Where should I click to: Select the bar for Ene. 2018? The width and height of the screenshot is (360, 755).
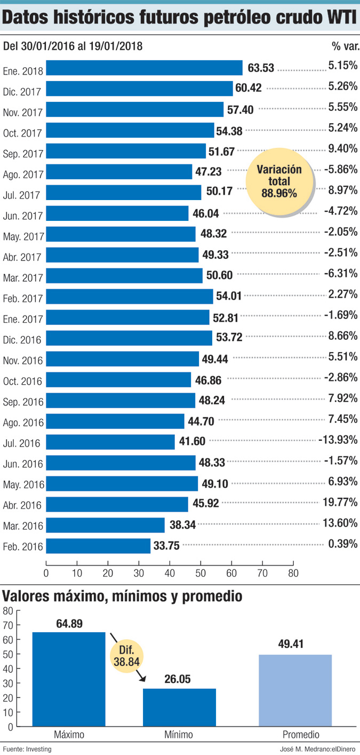click(x=144, y=68)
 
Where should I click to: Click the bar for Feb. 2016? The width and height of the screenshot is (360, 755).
click(x=98, y=546)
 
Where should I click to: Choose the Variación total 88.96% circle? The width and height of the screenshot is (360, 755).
click(x=278, y=181)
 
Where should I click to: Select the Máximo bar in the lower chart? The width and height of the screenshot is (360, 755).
click(x=69, y=679)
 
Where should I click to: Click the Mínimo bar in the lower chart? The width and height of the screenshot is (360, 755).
click(x=179, y=707)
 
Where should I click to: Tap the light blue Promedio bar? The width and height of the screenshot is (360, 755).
click(x=295, y=690)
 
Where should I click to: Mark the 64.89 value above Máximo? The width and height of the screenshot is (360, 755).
click(x=69, y=623)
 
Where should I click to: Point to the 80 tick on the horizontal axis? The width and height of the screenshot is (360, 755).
click(x=293, y=574)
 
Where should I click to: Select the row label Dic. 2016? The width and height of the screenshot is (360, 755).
click(x=22, y=339)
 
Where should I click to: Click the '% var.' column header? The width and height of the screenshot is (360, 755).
click(x=345, y=46)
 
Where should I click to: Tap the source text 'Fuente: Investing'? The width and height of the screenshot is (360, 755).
click(x=27, y=749)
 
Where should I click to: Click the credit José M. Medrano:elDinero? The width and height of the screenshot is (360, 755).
click(x=318, y=749)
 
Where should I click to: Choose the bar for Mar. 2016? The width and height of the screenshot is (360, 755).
click(x=105, y=525)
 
